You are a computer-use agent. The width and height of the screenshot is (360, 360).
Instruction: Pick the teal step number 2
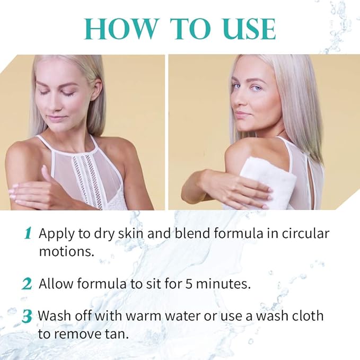27,284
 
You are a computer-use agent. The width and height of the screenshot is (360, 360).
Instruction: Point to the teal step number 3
27,317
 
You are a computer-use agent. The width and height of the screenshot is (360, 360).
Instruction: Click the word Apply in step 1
57,234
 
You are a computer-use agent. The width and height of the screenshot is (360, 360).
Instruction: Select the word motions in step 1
66,251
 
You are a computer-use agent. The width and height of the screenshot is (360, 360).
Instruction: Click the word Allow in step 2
56,283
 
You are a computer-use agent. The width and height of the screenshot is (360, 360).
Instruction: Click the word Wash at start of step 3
55,316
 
